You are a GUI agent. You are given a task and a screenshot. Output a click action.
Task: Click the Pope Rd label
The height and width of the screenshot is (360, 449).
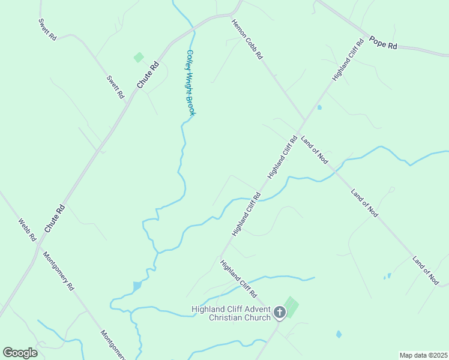[384, 43]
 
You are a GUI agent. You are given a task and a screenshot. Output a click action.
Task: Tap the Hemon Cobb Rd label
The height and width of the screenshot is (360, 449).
[247, 39]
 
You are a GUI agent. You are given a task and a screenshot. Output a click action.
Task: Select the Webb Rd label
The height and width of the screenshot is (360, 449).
[28, 229]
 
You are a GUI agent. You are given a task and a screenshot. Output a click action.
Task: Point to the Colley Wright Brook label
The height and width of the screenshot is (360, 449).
[190, 82]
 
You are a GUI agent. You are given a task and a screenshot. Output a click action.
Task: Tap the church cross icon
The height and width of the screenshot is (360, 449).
[279, 313]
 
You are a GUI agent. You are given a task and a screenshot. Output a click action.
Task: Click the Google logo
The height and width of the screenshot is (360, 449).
[20, 353]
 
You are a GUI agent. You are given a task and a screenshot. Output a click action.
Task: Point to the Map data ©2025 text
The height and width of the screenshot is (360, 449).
[423, 355]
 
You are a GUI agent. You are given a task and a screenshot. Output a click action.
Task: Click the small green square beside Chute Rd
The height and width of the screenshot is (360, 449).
[139, 58]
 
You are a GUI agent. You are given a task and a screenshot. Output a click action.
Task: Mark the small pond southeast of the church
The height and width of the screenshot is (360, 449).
[339, 334]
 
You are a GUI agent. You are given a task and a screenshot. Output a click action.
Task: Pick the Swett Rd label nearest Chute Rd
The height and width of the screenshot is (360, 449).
[115, 86]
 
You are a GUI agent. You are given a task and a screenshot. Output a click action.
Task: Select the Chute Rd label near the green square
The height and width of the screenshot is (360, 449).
[148, 75]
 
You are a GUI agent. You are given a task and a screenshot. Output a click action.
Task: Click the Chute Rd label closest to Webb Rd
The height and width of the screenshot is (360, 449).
[54, 220]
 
